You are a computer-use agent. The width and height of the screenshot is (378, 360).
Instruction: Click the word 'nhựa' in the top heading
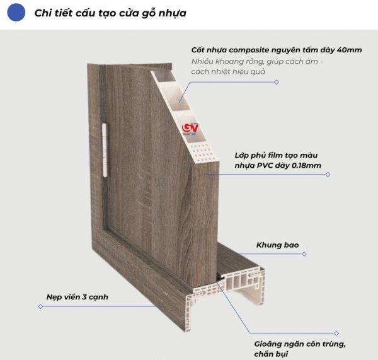pos(171,13)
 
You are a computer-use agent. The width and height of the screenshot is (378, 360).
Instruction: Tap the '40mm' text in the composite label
pos(349,50)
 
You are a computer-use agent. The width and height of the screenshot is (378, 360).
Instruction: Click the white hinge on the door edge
pos(105,137)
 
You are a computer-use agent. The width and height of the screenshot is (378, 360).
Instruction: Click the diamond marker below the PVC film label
pos(328,175)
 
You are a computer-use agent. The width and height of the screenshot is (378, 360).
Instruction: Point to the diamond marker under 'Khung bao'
pos(305,254)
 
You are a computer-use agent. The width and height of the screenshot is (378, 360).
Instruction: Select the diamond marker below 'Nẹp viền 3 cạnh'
pos(40,307)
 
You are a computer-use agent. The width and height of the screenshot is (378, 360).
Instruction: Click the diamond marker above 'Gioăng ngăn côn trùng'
pos(336,332)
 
